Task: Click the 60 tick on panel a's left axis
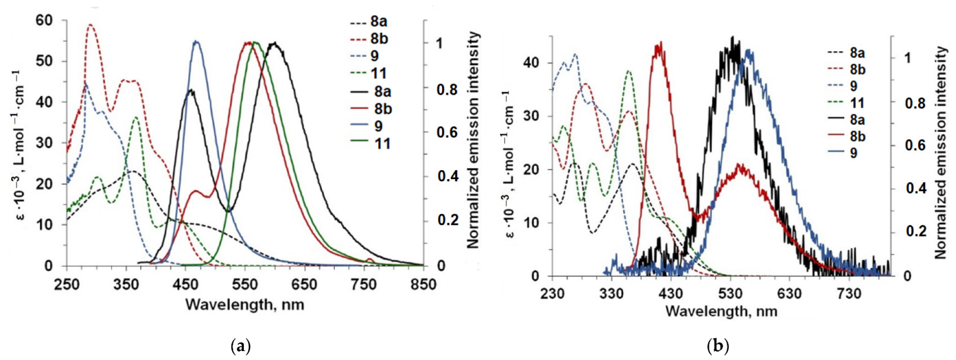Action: (44, 21)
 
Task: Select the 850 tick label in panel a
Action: (423, 285)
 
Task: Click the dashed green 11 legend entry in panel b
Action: (846, 103)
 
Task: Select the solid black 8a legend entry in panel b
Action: (846, 119)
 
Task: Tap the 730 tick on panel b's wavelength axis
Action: (849, 294)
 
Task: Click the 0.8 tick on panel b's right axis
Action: (915, 103)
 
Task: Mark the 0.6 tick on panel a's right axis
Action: (447, 132)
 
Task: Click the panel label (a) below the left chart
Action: (241, 347)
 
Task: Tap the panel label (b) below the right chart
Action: (718, 347)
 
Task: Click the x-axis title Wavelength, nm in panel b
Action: (721, 311)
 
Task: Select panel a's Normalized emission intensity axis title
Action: (473, 140)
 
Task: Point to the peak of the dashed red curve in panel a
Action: (90, 25)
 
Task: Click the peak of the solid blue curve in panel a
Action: (196, 41)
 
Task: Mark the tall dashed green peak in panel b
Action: (629, 71)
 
